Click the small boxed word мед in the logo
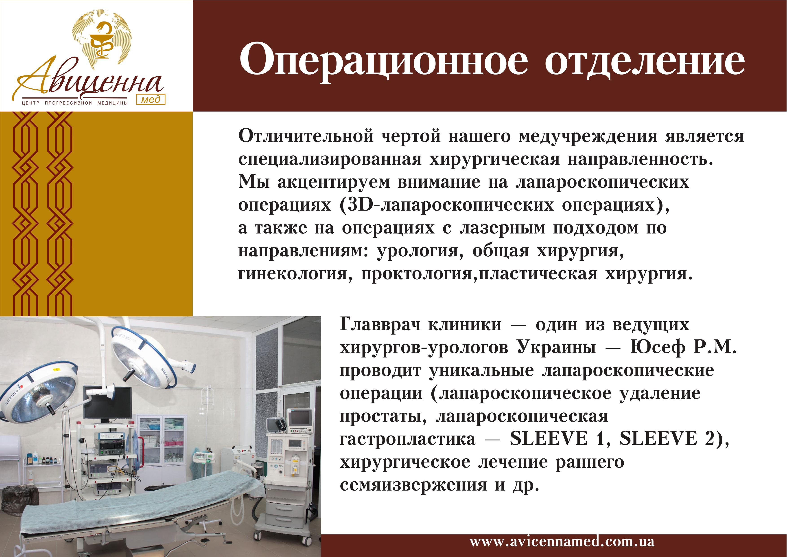coord(151,99)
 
